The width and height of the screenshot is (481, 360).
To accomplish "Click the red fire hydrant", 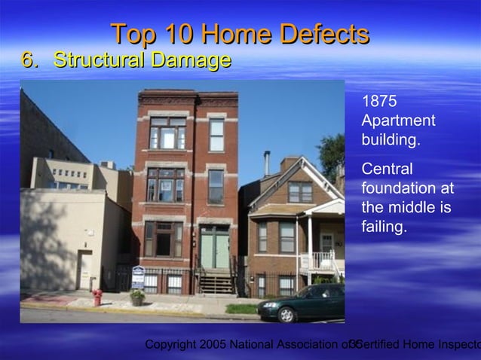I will tap(97, 297).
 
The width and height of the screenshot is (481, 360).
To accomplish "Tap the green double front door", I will tap(215, 249).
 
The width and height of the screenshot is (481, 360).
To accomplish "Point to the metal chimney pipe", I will tap(266, 163).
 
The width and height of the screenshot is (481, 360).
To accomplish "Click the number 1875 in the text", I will tap(378, 102).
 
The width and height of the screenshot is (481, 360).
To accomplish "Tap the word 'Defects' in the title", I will tap(324, 34).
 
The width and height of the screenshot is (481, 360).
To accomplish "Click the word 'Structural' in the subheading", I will tap(100, 60).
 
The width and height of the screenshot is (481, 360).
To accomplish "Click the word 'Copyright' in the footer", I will tap(170, 345).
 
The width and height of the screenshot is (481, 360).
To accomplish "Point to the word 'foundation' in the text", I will tap(397, 188).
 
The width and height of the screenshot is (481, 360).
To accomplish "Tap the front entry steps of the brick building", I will tap(217, 283).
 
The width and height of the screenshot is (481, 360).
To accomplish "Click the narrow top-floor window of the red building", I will tap(216, 135).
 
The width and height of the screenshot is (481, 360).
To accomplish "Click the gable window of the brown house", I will tap(299, 191).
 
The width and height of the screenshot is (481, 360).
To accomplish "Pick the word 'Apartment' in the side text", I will tap(398, 121).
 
